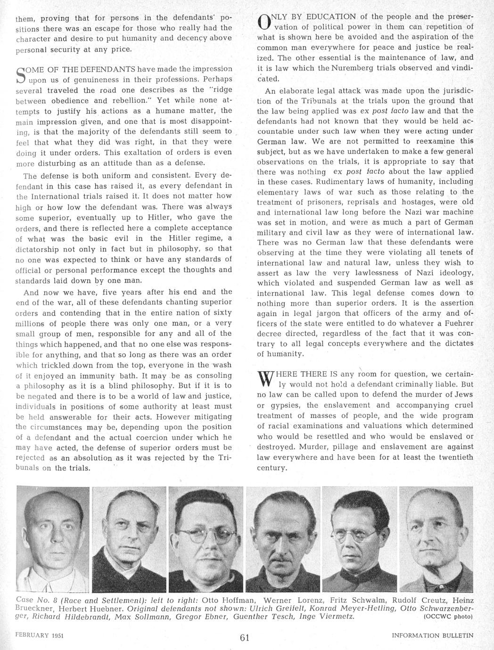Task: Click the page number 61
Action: [244, 638]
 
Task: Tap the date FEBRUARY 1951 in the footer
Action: [39, 635]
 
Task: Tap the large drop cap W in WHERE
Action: [265, 379]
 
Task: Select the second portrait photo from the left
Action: [129, 539]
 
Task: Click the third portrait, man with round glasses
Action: [206, 539]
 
